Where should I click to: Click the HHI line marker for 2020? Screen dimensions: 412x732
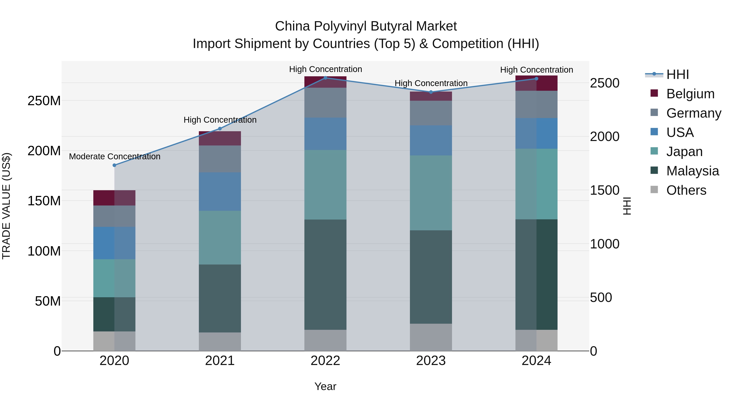[x=114, y=165]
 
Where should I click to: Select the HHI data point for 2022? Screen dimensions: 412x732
[x=325, y=78]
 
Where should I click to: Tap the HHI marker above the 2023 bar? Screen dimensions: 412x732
[x=431, y=92]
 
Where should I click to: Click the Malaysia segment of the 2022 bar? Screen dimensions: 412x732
[x=325, y=274]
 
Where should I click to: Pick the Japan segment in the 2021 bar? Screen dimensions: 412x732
[x=220, y=237]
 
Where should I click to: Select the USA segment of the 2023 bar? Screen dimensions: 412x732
[x=431, y=140]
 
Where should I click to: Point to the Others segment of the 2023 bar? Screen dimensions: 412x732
[x=431, y=337]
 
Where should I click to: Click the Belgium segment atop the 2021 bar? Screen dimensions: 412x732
[x=220, y=139]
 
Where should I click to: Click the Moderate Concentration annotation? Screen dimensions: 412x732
[x=114, y=156]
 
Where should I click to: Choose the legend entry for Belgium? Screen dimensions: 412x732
[x=690, y=94]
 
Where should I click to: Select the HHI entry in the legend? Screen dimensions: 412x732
[x=678, y=74]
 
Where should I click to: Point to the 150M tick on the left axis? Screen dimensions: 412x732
[x=44, y=201]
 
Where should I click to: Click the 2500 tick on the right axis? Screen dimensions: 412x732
[x=605, y=83]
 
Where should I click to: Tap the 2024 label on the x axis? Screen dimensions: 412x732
[x=536, y=361]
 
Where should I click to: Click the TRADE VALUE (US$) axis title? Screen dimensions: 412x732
[x=6, y=206]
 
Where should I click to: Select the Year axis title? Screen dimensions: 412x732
[x=325, y=386]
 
